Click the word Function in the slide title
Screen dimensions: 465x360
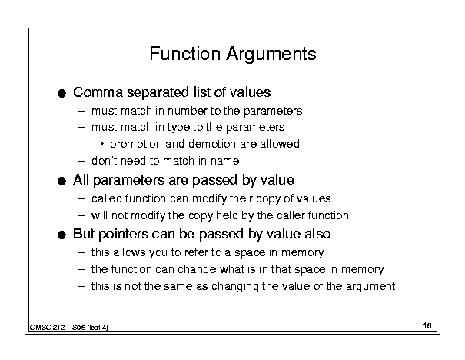(185, 53)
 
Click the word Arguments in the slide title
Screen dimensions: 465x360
(271, 55)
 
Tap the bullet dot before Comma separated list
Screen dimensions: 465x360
(61, 94)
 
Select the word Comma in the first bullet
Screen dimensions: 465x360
(98, 92)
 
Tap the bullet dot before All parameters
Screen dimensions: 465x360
(61, 182)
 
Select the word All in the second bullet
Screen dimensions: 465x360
(81, 180)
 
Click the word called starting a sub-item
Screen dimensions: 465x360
(107, 198)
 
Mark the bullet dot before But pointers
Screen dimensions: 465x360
(61, 235)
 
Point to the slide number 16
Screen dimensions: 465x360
(427, 325)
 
